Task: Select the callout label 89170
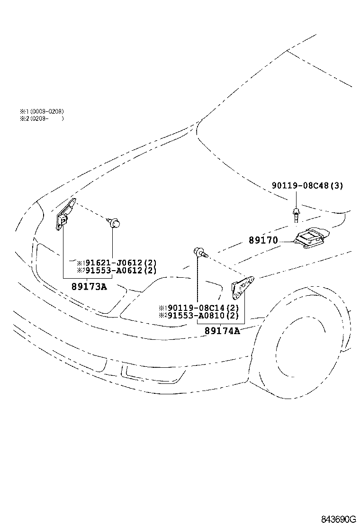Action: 263,241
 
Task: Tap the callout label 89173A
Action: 89,286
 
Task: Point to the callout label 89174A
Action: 222,331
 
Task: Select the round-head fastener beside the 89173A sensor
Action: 114,222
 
